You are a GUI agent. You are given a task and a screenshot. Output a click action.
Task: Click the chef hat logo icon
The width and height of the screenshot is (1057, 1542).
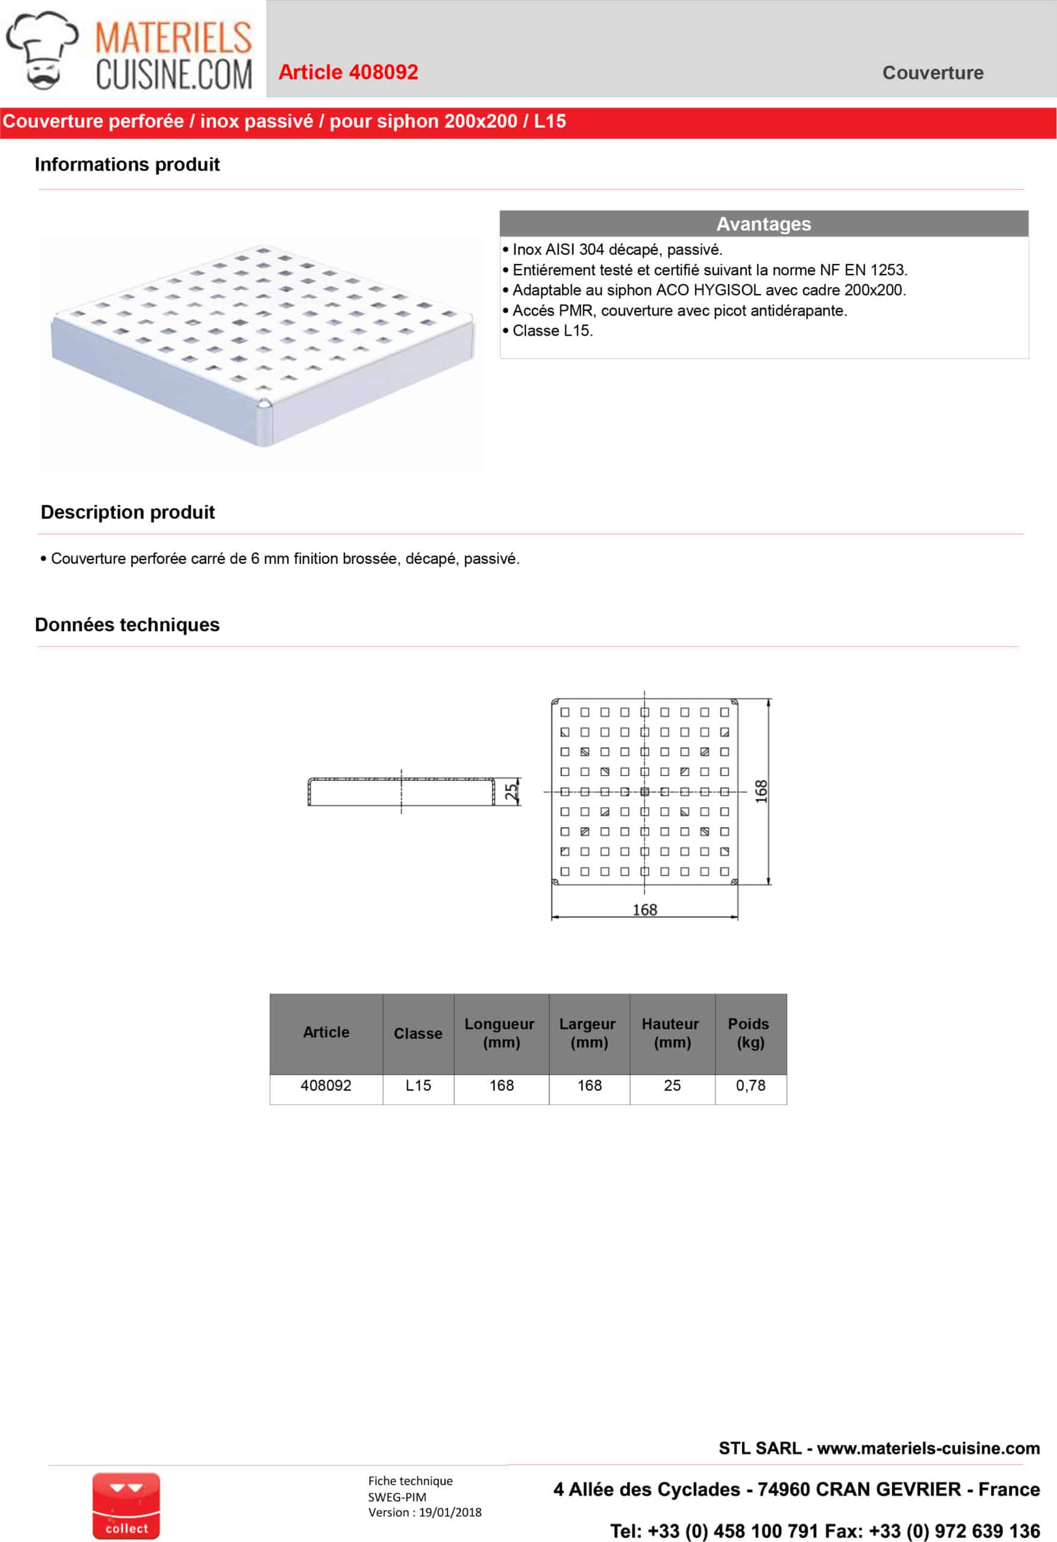(x=41, y=51)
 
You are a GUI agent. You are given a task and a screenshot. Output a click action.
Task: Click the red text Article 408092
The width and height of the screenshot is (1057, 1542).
(x=348, y=72)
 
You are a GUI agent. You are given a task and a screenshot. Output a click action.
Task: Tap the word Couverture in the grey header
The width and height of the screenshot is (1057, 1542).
(x=932, y=73)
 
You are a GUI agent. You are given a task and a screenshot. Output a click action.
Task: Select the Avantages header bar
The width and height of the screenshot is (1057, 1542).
(x=764, y=223)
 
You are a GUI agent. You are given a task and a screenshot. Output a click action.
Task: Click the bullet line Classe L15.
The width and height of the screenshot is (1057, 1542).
(x=552, y=331)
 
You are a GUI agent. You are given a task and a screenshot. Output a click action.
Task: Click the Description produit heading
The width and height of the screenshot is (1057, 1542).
(x=128, y=512)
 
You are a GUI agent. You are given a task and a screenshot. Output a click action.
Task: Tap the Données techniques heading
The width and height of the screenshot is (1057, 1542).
(x=128, y=625)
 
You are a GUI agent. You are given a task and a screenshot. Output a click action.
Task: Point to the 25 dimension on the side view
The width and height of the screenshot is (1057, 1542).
(x=511, y=791)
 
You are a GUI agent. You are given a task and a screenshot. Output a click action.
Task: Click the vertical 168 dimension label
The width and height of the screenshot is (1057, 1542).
(x=761, y=791)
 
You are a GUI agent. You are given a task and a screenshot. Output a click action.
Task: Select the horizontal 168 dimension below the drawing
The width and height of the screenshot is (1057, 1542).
(x=644, y=910)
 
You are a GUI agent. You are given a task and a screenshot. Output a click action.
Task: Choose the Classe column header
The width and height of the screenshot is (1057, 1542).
(x=418, y=1033)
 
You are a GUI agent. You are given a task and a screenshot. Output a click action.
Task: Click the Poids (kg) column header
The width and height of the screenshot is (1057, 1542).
(x=750, y=1032)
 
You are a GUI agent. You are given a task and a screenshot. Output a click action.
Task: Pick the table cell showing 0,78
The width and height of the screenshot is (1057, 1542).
(x=750, y=1085)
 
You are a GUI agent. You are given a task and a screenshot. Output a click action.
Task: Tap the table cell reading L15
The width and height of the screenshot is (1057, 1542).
(x=418, y=1085)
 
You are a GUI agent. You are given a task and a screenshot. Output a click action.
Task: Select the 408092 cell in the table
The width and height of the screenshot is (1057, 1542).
(x=326, y=1085)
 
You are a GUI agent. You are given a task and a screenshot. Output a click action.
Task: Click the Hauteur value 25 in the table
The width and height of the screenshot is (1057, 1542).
(x=672, y=1085)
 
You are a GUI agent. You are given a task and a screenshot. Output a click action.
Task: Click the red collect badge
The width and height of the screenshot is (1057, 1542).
(x=126, y=1505)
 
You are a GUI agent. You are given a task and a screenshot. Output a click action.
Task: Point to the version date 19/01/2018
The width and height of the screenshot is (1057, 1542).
(x=450, y=1512)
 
